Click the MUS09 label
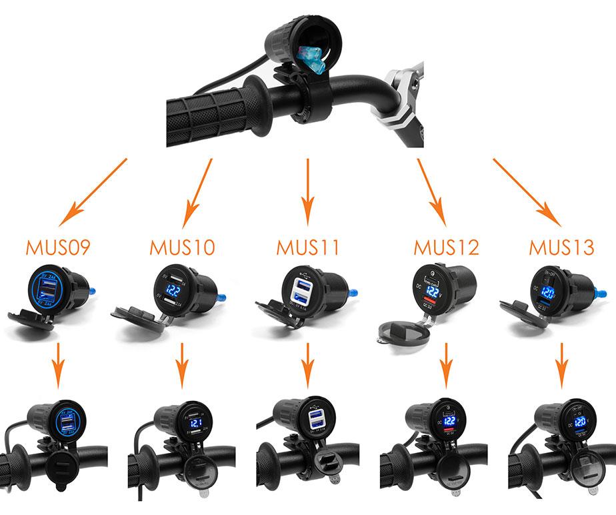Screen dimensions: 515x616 tap(58, 248)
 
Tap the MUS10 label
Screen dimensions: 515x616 tap(182, 248)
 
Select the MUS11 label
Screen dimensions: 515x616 tap(307, 248)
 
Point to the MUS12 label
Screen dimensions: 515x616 tap(446, 248)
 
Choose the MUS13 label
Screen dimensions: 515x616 tap(561, 248)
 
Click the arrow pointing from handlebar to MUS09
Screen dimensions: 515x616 tap(93, 193)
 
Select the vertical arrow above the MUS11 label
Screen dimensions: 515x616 tap(307, 193)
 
